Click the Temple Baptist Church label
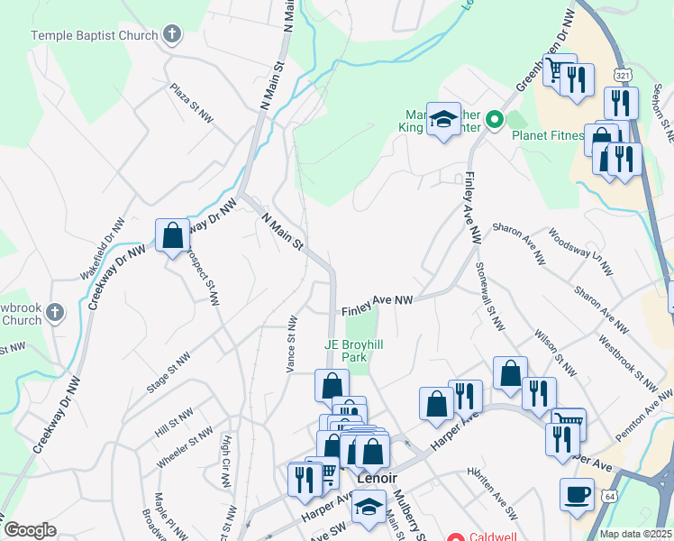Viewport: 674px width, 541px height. [94, 35]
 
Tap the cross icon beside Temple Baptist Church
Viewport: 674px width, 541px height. [171, 35]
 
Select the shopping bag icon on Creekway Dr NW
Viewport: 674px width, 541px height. [171, 236]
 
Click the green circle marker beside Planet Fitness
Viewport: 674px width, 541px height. [494, 119]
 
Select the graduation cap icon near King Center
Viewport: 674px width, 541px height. [443, 120]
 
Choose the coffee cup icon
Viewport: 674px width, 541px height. [577, 495]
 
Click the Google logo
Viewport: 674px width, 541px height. [30, 530]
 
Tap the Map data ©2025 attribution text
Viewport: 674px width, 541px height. [635, 534]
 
